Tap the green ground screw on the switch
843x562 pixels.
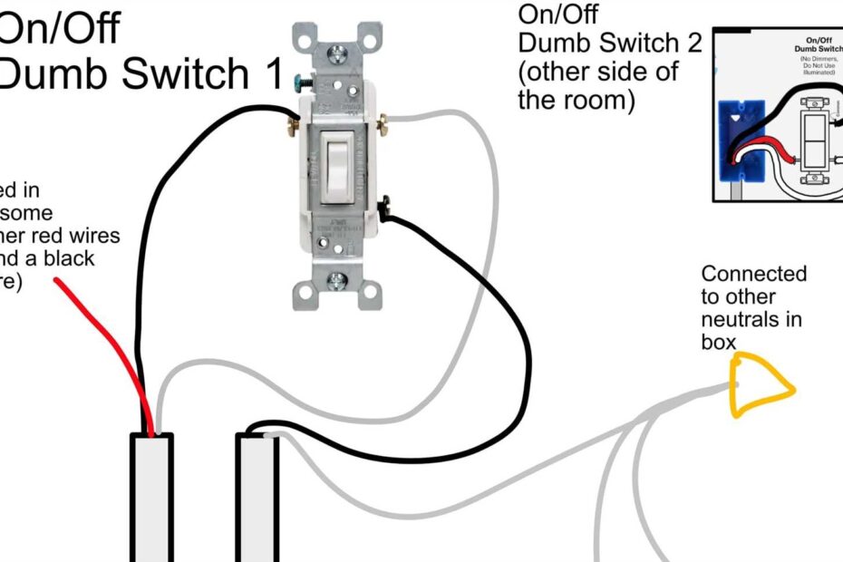tap(299, 82)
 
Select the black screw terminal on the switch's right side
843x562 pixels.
tap(385, 206)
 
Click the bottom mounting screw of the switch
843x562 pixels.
tap(337, 280)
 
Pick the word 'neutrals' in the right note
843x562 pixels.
tap(751, 319)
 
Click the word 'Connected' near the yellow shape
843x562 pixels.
tap(754, 274)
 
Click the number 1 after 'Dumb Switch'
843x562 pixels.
tap(274, 73)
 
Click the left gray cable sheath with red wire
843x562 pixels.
tap(150, 499)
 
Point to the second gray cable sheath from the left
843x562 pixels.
tap(257, 499)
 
